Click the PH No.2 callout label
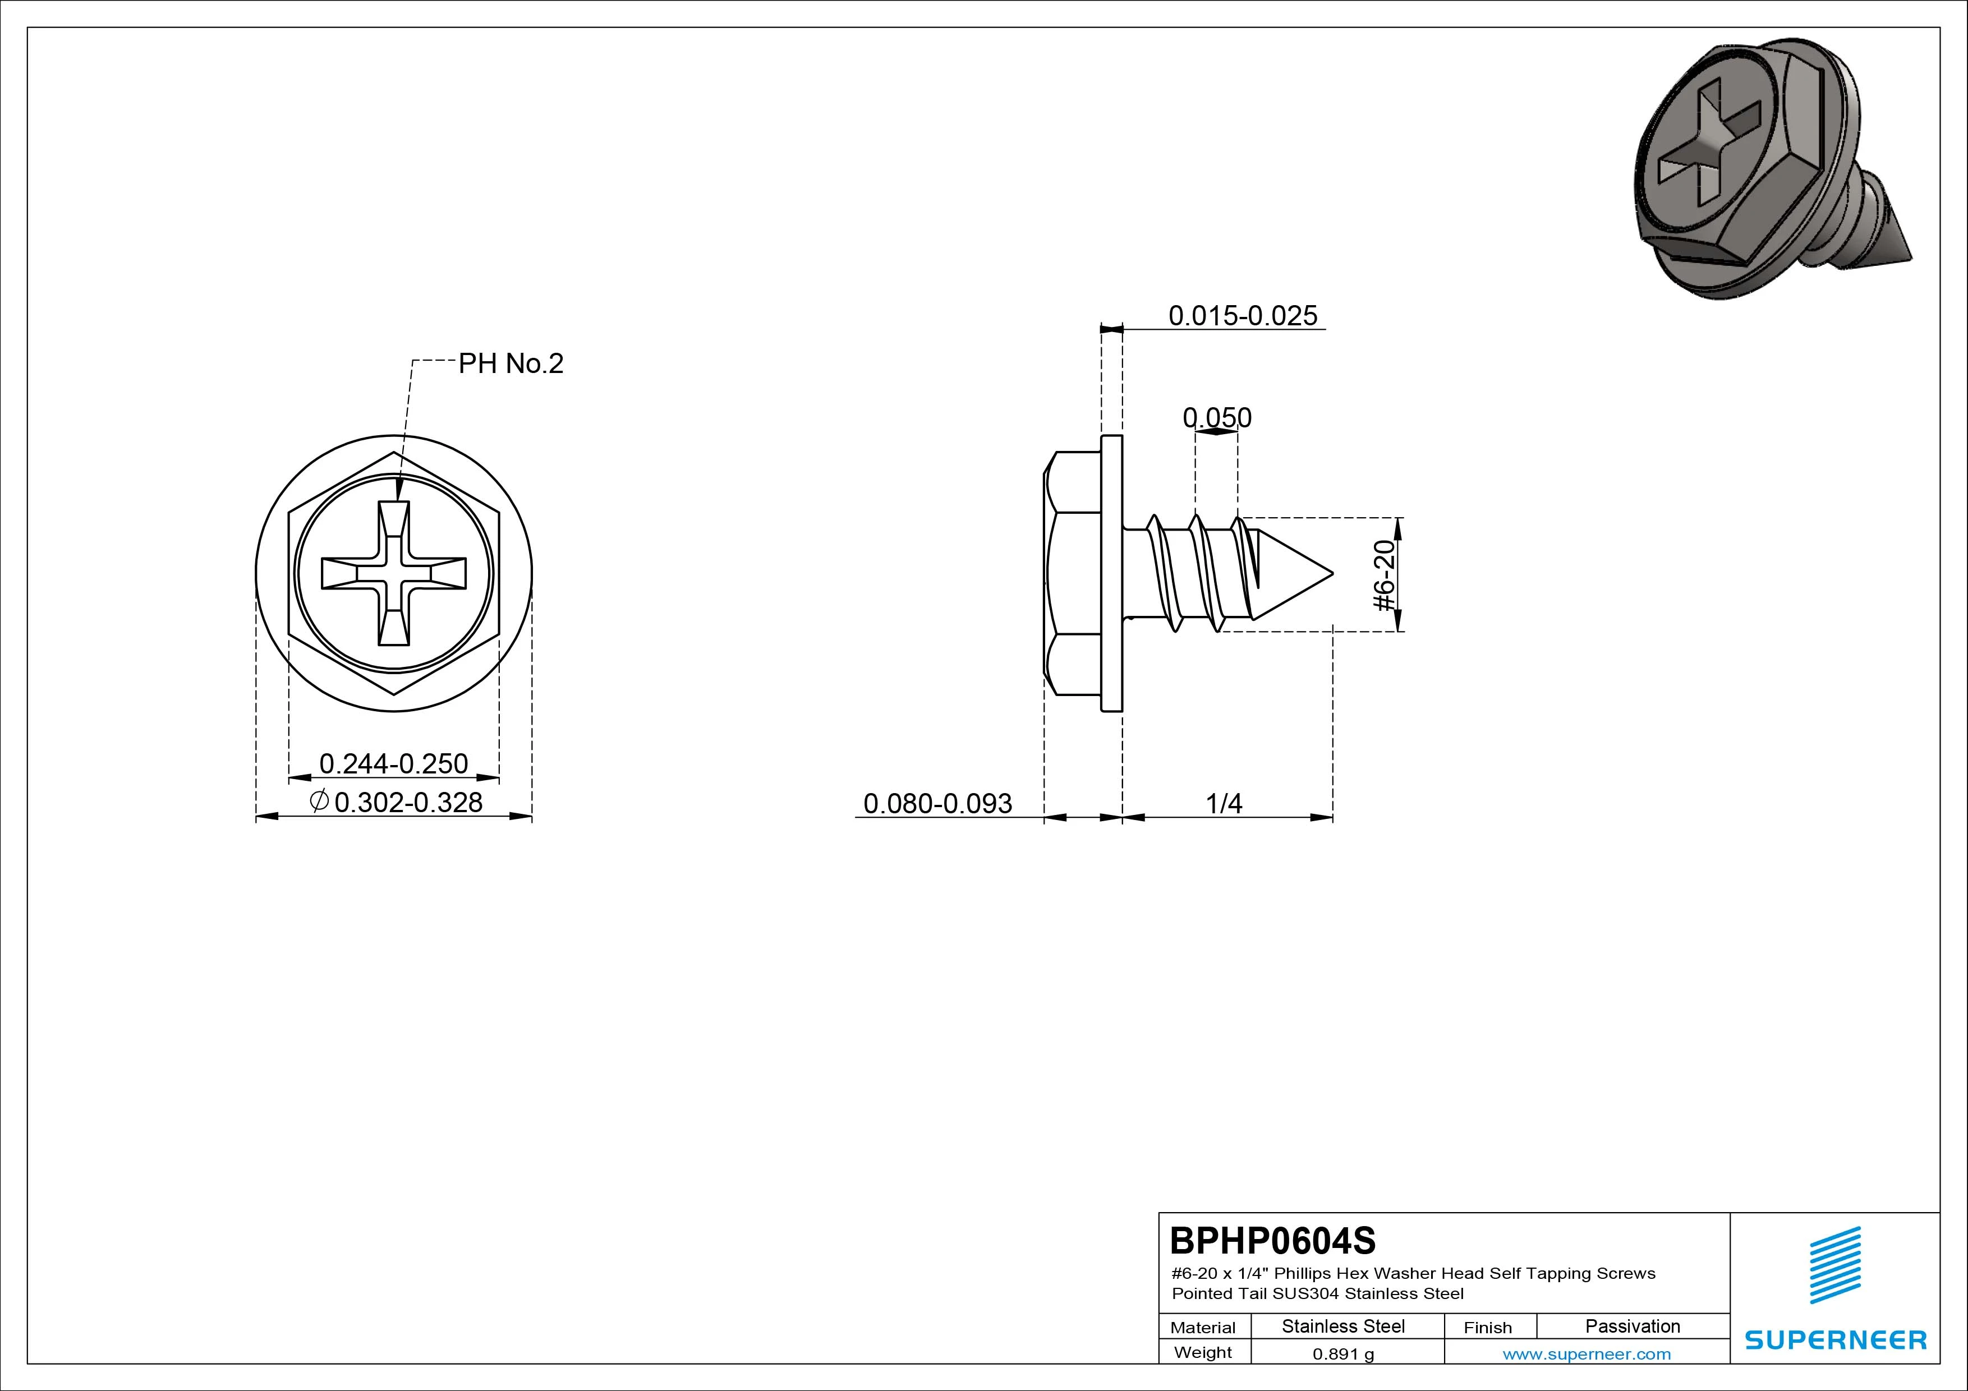click(511, 363)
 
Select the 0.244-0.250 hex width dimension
click(393, 763)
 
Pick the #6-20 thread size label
click(1385, 575)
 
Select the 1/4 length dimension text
click(1224, 803)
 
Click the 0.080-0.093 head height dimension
click(937, 803)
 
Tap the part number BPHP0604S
click(1273, 1240)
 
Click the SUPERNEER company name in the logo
click(1836, 1339)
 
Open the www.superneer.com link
click(1587, 1354)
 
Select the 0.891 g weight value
click(1343, 1354)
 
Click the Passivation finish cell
click(1633, 1326)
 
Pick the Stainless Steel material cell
click(1343, 1326)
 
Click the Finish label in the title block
click(1487, 1328)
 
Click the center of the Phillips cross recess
click(393, 573)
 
